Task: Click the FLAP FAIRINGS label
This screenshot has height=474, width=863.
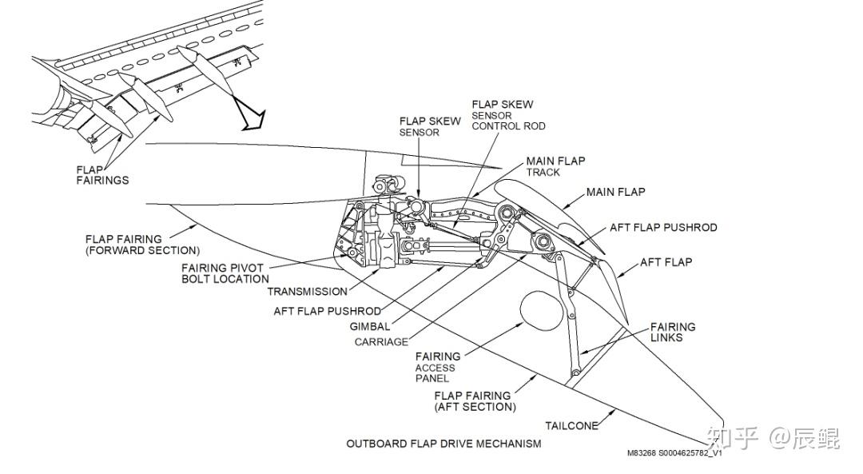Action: coord(102,174)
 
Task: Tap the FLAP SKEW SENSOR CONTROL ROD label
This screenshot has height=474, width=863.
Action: coord(508,115)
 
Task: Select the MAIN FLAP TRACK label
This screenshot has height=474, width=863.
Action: coord(555,166)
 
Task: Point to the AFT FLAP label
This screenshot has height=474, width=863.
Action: coord(666,262)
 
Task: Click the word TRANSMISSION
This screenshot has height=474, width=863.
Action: coord(308,292)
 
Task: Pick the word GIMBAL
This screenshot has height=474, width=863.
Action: coord(370,326)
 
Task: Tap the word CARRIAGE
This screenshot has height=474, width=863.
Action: coord(381,342)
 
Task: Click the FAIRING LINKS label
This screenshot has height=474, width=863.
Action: coord(672,332)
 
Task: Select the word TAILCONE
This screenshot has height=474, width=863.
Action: coord(571,426)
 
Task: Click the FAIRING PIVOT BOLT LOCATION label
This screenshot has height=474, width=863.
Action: coord(225,273)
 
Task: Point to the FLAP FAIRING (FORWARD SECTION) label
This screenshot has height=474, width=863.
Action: coord(142,245)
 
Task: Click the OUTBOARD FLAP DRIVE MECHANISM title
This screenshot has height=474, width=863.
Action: coord(443,443)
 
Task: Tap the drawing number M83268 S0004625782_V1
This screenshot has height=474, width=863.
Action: coord(674,453)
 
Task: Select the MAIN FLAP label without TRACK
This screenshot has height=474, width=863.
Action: coord(615,193)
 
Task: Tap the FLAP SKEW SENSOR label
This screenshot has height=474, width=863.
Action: coord(430,126)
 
